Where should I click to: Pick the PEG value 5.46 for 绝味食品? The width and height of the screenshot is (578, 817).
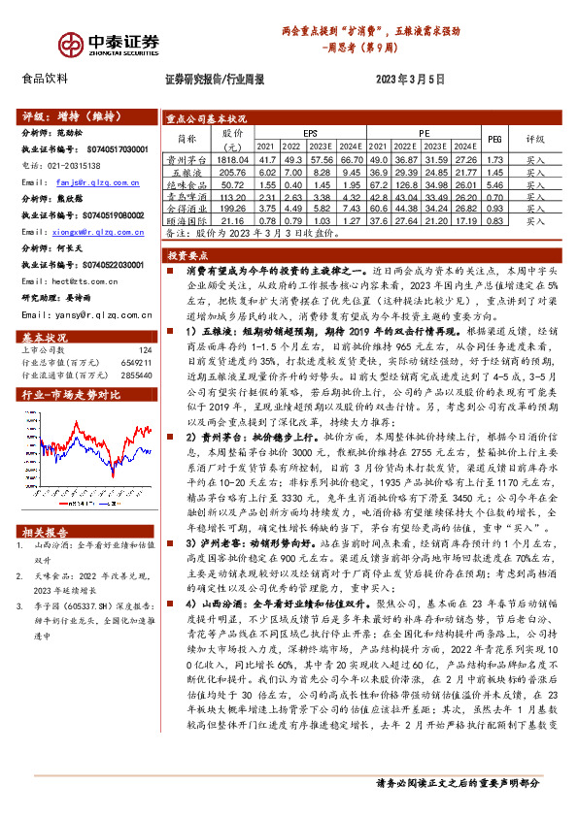click(x=493, y=183)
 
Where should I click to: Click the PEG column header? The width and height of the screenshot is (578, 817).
click(x=493, y=139)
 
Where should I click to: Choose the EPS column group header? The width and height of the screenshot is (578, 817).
click(x=310, y=133)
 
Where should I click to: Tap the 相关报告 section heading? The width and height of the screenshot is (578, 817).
click(x=45, y=532)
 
